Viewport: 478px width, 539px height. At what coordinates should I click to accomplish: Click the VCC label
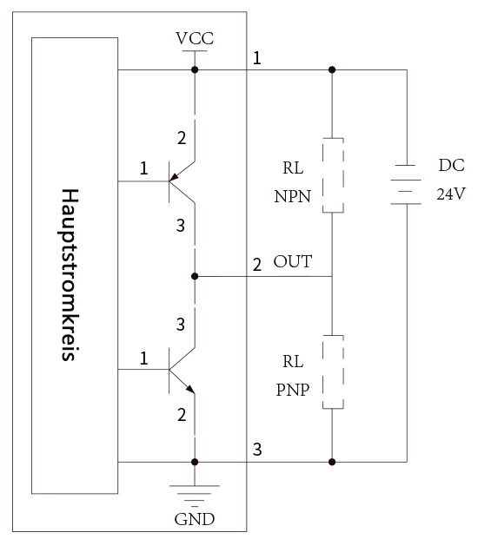[x=195, y=38]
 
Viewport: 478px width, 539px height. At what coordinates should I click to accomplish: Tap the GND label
[x=195, y=519]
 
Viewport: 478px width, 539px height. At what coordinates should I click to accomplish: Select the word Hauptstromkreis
[x=69, y=274]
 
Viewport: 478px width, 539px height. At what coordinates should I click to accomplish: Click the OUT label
[x=293, y=261]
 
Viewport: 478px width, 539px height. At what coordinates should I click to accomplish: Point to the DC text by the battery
[x=451, y=165]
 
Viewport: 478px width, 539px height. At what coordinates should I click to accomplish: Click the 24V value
[x=451, y=194]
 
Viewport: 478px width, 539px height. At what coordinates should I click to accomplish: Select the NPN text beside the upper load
[x=293, y=197]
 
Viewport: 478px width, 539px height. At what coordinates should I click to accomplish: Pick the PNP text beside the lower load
[x=293, y=390]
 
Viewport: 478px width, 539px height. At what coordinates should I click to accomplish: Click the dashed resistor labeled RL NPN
[x=333, y=175]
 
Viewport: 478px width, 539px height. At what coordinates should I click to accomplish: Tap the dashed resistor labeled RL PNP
[x=333, y=372]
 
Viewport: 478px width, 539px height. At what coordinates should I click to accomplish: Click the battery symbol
[x=406, y=185]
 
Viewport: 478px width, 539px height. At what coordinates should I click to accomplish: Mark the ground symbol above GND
[x=195, y=496]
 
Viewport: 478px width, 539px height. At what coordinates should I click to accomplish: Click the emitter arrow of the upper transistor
[x=175, y=177]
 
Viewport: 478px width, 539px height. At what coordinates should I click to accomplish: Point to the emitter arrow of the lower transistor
[x=190, y=389]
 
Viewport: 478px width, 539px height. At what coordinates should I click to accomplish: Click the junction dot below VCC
[x=195, y=69]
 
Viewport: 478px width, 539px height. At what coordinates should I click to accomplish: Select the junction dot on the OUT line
[x=195, y=276]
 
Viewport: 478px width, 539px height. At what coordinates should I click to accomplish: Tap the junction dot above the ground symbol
[x=195, y=462]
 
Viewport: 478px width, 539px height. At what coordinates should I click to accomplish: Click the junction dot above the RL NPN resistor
[x=332, y=69]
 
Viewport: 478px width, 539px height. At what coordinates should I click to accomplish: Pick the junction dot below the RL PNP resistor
[x=332, y=462]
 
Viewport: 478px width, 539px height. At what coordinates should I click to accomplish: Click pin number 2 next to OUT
[x=257, y=265]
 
